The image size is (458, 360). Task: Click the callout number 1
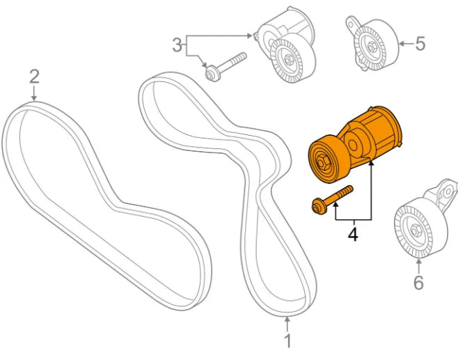[287, 341]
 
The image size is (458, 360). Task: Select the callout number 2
[34, 76]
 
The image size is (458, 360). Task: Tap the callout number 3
[177, 46]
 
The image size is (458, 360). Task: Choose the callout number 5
[420, 44]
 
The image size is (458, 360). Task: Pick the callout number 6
[418, 282]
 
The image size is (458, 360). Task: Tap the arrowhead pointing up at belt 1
[287, 322]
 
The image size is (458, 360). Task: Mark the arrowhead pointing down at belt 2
[34, 98]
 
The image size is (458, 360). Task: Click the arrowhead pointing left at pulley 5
[401, 44]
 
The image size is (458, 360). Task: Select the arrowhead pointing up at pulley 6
[418, 262]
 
